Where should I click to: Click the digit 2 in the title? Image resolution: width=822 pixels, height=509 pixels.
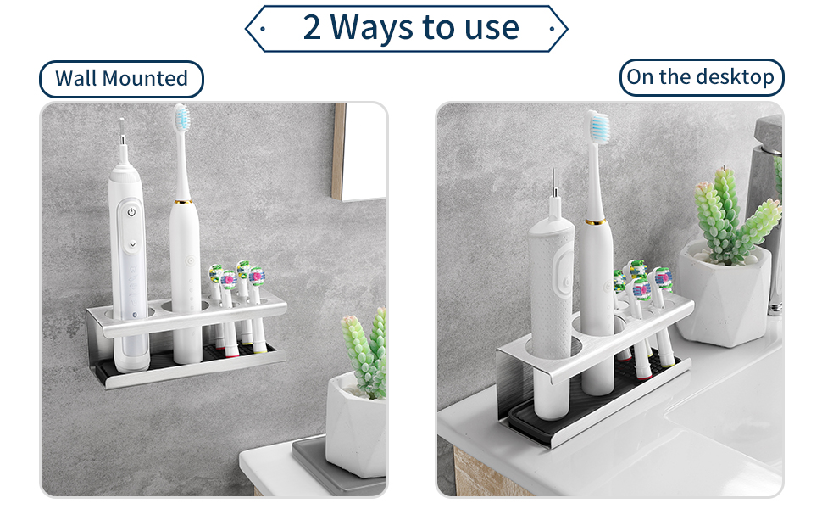312,27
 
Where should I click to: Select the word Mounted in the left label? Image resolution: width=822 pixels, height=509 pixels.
145,79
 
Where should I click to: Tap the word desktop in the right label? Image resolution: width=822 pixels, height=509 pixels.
736,77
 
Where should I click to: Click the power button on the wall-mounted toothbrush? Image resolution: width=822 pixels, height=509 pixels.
131,212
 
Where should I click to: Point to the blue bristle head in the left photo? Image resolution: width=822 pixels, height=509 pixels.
182,117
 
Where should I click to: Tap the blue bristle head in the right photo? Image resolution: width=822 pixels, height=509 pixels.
597,126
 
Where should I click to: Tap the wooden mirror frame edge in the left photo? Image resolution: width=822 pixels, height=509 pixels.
339,151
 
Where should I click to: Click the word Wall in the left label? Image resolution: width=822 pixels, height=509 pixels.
75,79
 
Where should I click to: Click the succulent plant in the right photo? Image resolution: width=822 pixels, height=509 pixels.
734,218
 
